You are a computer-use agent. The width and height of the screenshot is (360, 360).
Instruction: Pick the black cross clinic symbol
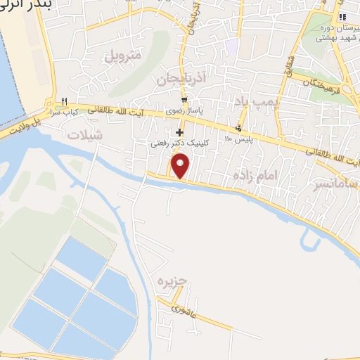click(x=180, y=131)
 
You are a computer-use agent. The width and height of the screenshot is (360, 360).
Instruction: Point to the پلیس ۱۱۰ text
click(x=238, y=139)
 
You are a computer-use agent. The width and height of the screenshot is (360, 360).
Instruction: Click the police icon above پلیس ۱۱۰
click(x=239, y=127)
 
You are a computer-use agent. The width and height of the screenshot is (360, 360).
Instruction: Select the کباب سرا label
click(x=64, y=112)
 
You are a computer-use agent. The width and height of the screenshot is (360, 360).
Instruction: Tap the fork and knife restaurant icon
click(x=64, y=102)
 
